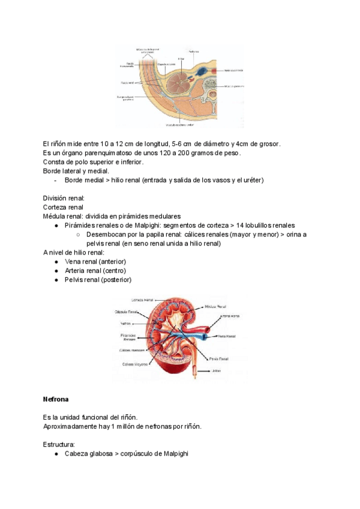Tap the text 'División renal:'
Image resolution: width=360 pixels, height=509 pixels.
(x=64, y=197)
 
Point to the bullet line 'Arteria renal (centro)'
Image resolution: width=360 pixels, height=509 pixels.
(x=95, y=271)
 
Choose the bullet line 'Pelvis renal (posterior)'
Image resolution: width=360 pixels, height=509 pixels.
(x=97, y=280)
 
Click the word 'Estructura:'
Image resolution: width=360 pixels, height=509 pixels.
(x=59, y=444)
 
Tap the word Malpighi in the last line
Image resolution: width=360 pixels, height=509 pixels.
(x=175, y=453)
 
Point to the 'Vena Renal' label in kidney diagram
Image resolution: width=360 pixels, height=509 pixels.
(x=226, y=336)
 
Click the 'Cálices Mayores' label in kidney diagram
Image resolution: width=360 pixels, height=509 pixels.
(x=136, y=364)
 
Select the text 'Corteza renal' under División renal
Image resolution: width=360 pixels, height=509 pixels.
(x=63, y=206)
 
